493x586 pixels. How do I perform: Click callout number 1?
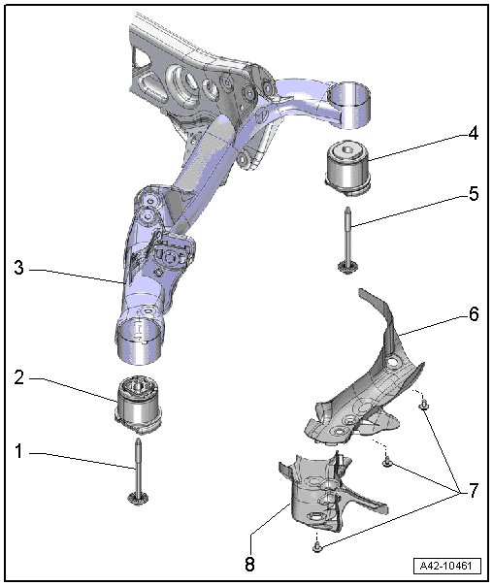pyautogui.click(x=18, y=451)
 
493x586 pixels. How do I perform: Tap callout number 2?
pyautogui.click(x=18, y=377)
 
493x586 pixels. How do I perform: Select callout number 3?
pyautogui.click(x=18, y=268)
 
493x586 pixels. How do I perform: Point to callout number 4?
pyautogui.click(x=474, y=133)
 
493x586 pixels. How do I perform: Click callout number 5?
pyautogui.click(x=474, y=194)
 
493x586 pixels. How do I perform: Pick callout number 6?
pyautogui.click(x=474, y=314)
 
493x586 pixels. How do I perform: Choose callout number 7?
pyautogui.click(x=474, y=490)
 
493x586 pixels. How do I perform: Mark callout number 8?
pyautogui.click(x=249, y=564)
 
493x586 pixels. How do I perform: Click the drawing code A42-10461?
pyautogui.click(x=445, y=566)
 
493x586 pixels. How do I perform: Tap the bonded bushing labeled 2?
pyautogui.click(x=140, y=405)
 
